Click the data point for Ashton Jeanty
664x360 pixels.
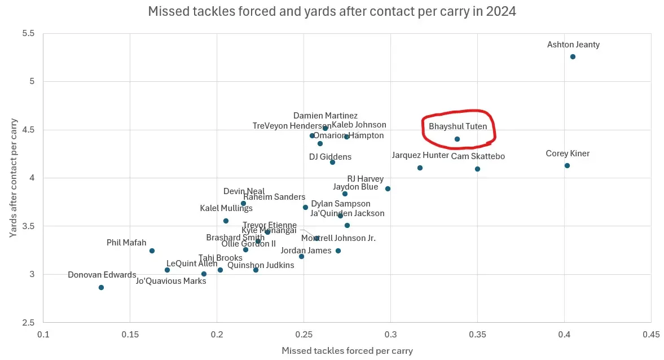point(573,57)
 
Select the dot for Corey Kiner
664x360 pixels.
point(567,165)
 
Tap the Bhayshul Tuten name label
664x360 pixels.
point(458,126)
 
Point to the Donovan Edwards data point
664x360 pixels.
point(101,287)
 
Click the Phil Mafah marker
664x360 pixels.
point(152,251)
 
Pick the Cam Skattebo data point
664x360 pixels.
point(477,169)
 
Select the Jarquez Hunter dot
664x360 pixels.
point(420,168)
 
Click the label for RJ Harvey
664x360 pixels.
point(365,179)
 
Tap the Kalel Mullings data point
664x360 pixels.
point(226,221)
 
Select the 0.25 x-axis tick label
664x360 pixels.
point(304,334)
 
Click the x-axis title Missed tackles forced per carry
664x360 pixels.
point(347,351)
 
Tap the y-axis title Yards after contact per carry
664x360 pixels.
point(13,178)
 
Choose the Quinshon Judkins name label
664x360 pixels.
point(261,265)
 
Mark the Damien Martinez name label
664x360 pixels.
point(326,116)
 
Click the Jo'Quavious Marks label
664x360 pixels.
point(171,281)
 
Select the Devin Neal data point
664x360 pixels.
point(243,203)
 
